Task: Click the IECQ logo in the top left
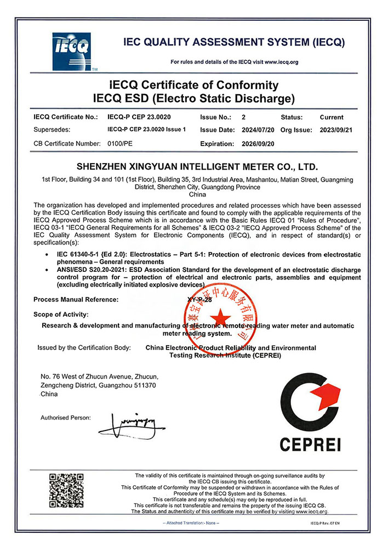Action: (71, 51)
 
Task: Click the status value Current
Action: (332, 117)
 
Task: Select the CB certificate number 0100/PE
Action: (119, 143)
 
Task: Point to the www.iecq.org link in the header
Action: (281, 62)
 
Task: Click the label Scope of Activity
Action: (60, 314)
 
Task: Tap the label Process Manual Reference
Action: (76, 299)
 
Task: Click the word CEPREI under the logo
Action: (310, 444)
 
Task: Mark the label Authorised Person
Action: (66, 417)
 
